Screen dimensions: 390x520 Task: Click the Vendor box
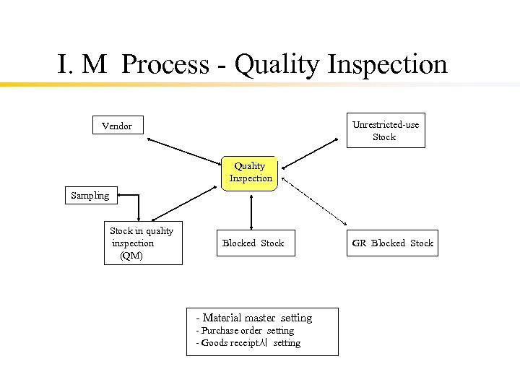tap(117, 126)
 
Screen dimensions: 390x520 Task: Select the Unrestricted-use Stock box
tap(385, 131)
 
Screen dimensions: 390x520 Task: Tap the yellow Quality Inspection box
tap(250, 172)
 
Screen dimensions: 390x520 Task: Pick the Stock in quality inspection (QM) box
tap(142, 243)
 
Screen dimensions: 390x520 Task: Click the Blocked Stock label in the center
tap(253, 243)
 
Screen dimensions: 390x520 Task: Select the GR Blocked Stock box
tap(392, 243)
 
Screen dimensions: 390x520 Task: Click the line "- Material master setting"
tap(254, 318)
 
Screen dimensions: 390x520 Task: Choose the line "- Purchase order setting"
tap(246, 331)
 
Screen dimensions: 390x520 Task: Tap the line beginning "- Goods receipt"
tap(248, 343)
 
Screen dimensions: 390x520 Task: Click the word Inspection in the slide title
tap(387, 64)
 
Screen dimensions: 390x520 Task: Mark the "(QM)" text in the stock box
tap(131, 256)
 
